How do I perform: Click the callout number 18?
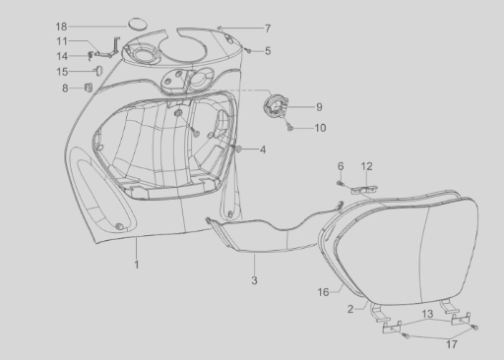[x=61, y=27]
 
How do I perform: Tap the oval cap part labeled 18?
[x=137, y=25]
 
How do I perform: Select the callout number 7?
[x=268, y=29]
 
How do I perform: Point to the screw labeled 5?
[x=249, y=51]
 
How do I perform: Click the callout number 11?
[x=62, y=41]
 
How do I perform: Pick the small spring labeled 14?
[x=91, y=56]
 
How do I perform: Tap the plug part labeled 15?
[x=98, y=71]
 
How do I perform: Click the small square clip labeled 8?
[x=89, y=88]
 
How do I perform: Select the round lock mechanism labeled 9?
[x=275, y=106]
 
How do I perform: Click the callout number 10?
[x=320, y=128]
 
